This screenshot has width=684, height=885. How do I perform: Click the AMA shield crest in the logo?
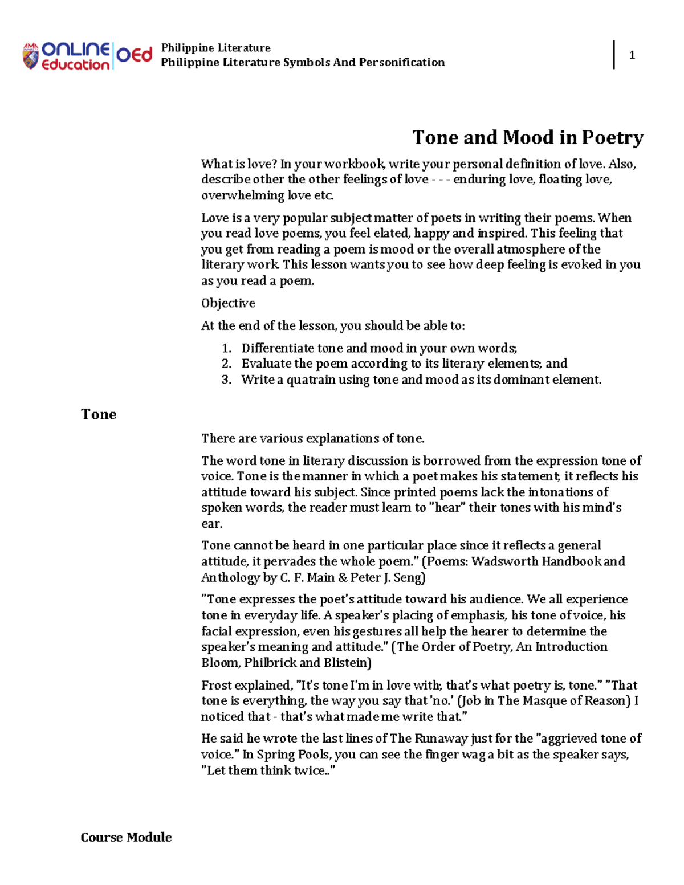coord(31,56)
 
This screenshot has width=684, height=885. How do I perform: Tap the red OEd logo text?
coord(135,55)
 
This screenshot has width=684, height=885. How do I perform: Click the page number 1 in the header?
coord(632,55)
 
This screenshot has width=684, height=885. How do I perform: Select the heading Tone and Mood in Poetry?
coord(527,137)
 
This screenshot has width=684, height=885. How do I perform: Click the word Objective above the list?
coord(228,303)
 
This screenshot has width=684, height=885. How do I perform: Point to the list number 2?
coord(226,364)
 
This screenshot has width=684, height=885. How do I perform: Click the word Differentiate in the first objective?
coord(278,348)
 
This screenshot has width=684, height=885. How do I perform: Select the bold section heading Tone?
coord(99,414)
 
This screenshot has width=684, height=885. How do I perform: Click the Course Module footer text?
coord(126,837)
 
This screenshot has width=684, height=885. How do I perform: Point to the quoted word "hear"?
coord(447,508)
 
